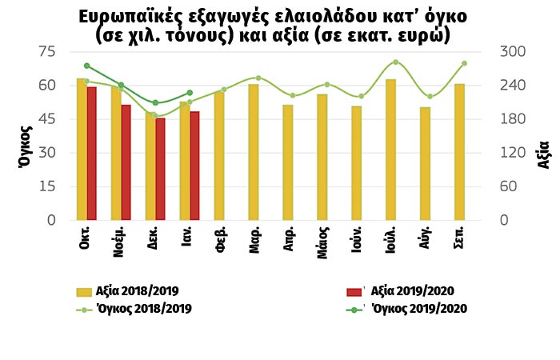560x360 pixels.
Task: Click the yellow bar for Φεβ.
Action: point(218,156)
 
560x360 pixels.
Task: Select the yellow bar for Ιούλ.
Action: point(390,150)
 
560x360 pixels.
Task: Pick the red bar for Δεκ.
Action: point(160,169)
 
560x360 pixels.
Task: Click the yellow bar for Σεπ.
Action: point(459,152)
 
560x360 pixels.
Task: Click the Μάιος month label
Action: point(322,241)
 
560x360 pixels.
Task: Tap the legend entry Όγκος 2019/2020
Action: point(416,308)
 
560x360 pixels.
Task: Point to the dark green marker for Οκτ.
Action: point(86,66)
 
